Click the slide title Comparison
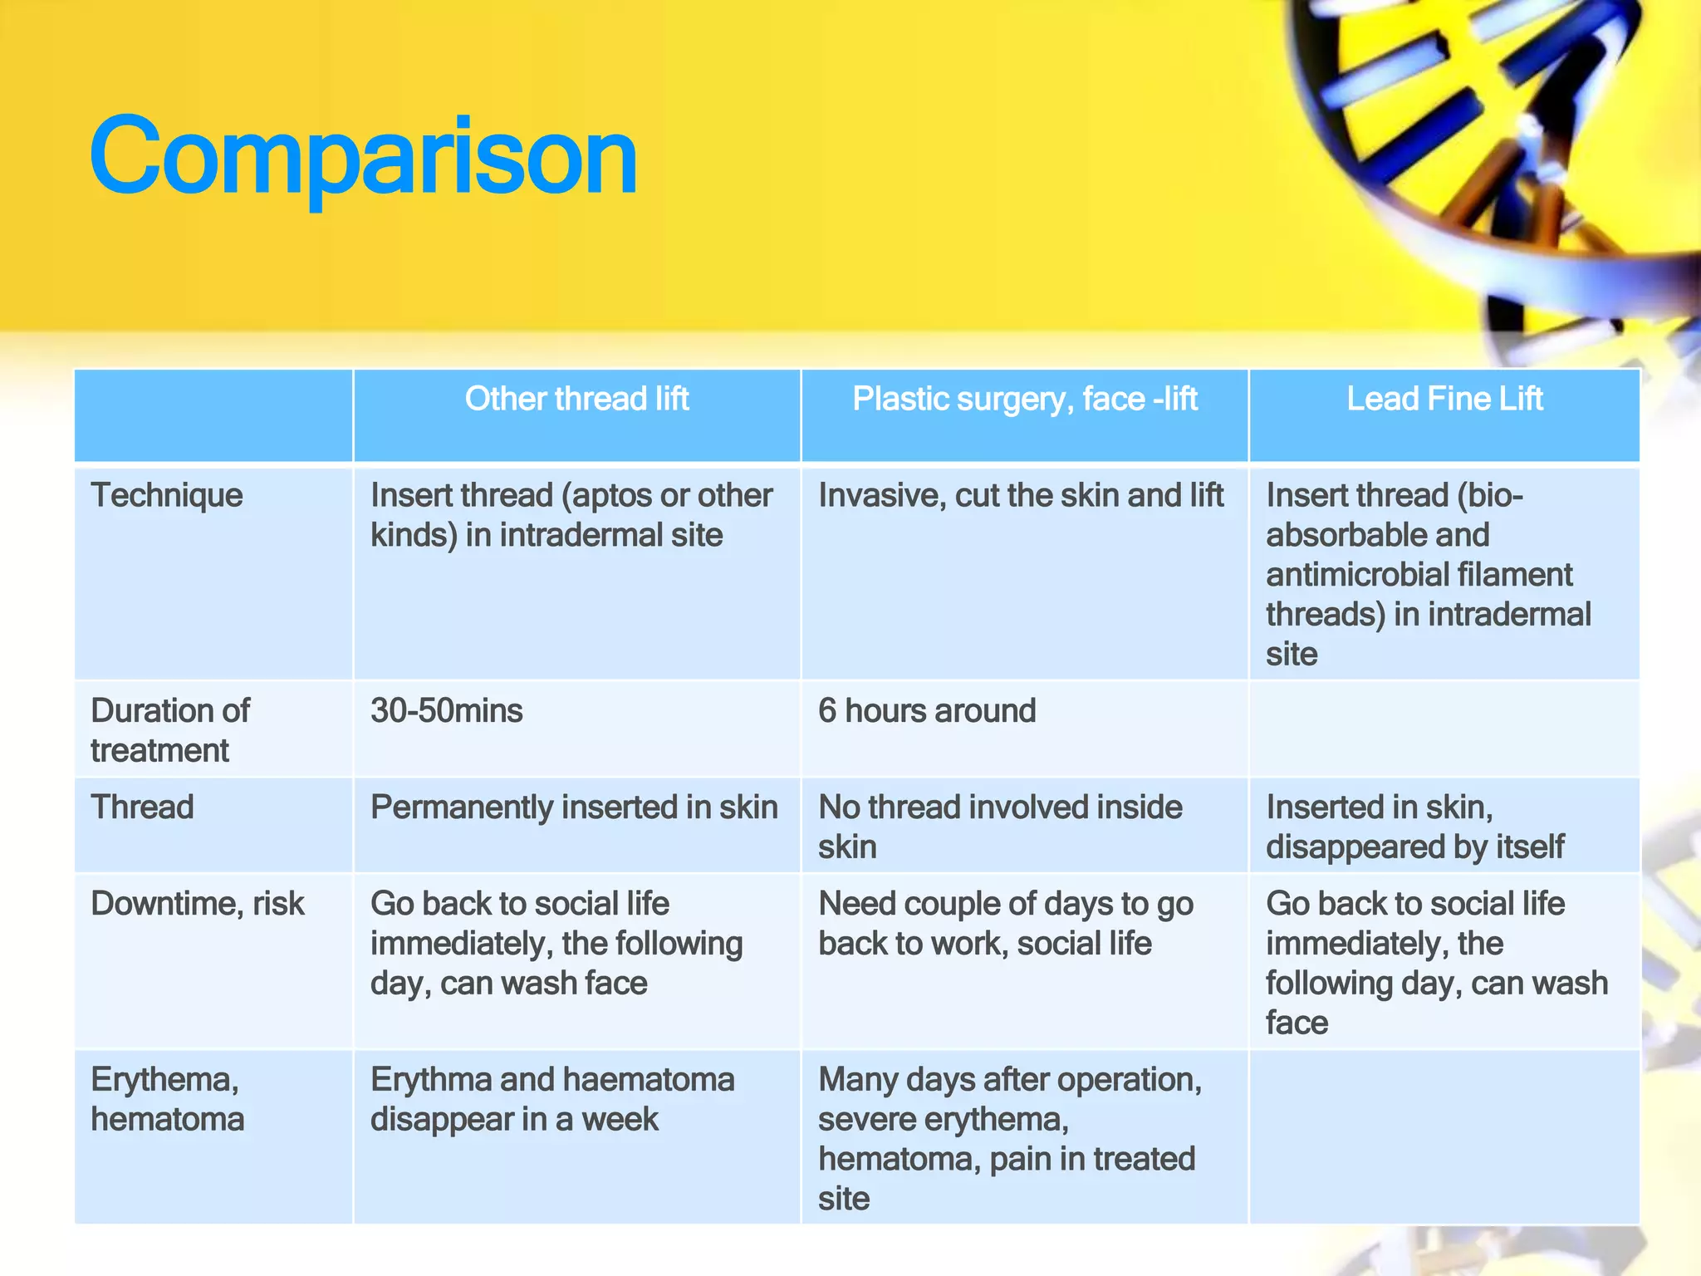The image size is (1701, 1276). pos(363,156)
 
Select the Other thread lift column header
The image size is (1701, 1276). pos(576,400)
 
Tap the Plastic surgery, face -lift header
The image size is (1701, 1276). pos(1024,400)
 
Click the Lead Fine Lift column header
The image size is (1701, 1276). pos(1444,400)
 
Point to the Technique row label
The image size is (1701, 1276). pos(167,496)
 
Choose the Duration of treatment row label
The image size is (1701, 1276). pos(170,730)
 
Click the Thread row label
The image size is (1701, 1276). pos(142,807)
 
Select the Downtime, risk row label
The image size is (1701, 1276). pos(198,904)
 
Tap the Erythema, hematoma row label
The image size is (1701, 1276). pos(167,1099)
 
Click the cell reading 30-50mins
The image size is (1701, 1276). pos(447,711)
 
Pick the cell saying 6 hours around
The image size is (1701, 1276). pos(927,711)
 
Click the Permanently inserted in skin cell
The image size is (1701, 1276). pos(574,807)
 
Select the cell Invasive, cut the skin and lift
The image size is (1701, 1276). pos(1021,496)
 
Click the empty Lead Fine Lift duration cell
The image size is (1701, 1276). pos(1444,729)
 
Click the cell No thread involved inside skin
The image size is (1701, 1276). pos(1000,827)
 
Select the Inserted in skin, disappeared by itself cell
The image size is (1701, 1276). pos(1415,827)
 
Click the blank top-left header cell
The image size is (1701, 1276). pos(213,415)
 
